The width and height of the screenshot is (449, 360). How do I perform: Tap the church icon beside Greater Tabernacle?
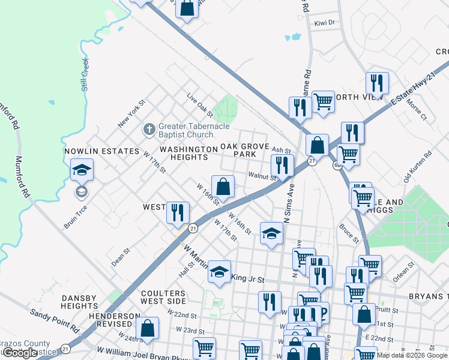149,129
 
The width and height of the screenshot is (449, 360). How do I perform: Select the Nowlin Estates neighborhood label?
101,151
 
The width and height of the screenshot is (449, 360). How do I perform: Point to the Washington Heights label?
188,152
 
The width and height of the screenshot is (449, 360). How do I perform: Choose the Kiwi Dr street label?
324,23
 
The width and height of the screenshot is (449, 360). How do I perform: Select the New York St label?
132,113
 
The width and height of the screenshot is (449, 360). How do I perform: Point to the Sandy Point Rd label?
55,320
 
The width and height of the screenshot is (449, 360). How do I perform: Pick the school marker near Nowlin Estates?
82,170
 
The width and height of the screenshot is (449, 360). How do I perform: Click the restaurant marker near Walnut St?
282,166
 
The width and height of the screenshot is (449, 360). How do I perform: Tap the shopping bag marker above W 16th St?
223,187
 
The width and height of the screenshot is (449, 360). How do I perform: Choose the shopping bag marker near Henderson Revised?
147,329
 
